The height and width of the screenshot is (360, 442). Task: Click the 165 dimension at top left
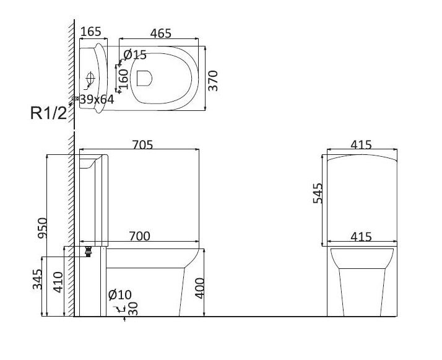91,32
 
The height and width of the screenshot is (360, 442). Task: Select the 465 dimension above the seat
161,33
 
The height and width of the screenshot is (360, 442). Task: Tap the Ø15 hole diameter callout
135,55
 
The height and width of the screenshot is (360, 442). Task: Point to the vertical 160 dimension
123,79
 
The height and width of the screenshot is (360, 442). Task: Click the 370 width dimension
213,81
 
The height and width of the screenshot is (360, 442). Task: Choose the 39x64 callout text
97,99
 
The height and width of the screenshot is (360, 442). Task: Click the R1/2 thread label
48,113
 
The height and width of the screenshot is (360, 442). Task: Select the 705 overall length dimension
142,145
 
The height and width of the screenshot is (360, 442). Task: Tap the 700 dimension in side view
139,236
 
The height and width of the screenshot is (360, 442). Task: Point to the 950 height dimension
43,227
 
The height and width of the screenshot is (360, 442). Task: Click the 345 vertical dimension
37,279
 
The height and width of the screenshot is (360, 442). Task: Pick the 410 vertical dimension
58,282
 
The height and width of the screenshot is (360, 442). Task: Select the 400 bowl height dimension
199,288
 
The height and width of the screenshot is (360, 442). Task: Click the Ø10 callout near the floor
120,295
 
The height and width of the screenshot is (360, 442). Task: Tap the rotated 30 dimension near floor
133,309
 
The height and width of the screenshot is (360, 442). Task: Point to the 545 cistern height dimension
318,193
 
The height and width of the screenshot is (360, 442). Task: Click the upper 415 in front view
361,145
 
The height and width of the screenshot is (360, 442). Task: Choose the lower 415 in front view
361,237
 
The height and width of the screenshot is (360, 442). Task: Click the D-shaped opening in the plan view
144,78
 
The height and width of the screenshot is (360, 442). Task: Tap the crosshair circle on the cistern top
90,77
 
